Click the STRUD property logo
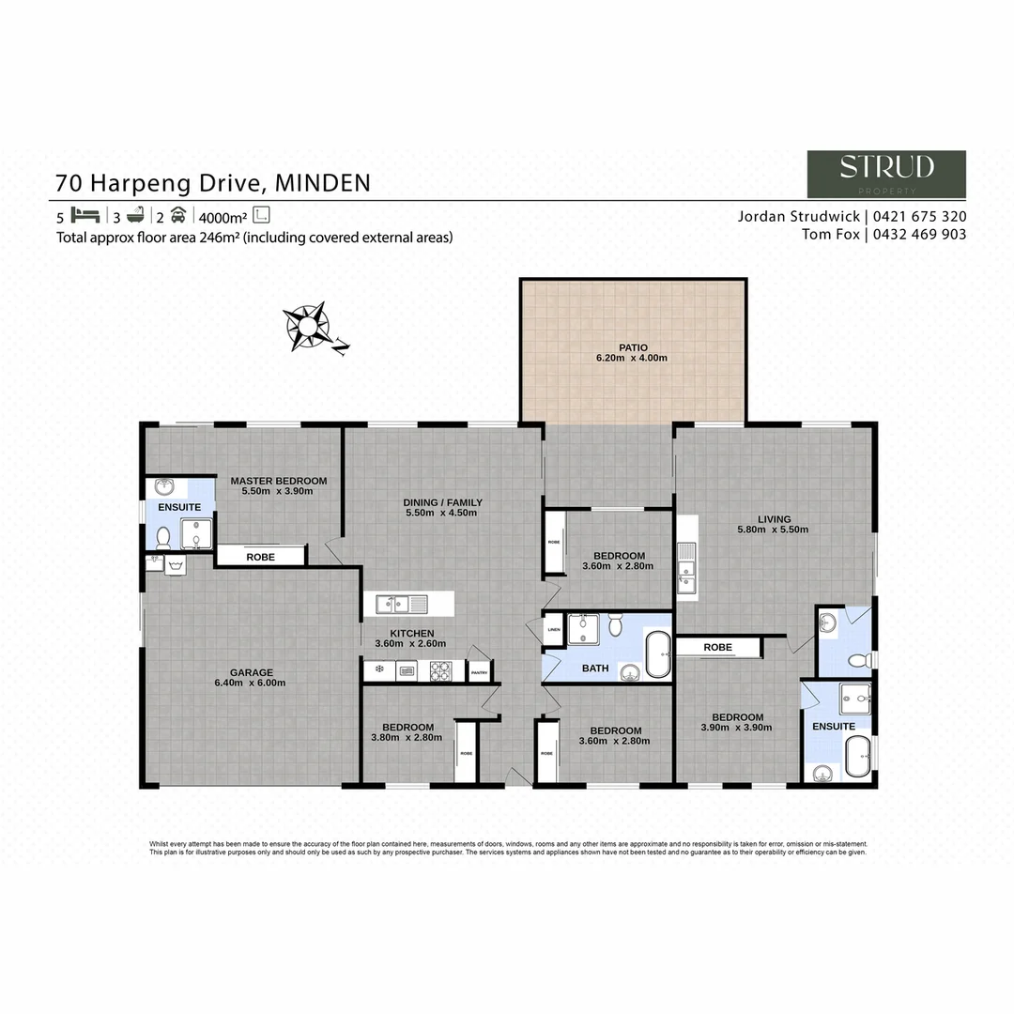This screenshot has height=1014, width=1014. (886, 174)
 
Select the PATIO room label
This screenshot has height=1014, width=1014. (633, 347)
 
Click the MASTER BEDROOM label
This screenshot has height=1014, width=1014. (279, 481)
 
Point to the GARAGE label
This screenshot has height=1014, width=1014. (252, 672)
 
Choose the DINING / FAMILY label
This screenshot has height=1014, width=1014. (442, 502)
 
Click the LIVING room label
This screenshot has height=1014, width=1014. (775, 518)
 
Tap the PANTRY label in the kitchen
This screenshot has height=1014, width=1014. (479, 671)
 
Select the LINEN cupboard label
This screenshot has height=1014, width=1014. (554, 629)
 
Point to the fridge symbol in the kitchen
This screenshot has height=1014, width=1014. (378, 669)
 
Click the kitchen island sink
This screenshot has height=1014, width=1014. (401, 602)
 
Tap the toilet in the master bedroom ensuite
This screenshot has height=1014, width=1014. (162, 537)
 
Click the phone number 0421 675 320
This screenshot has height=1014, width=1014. (921, 216)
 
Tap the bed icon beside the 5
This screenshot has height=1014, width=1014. (85, 213)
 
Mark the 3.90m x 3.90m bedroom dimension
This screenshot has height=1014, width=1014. (737, 728)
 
